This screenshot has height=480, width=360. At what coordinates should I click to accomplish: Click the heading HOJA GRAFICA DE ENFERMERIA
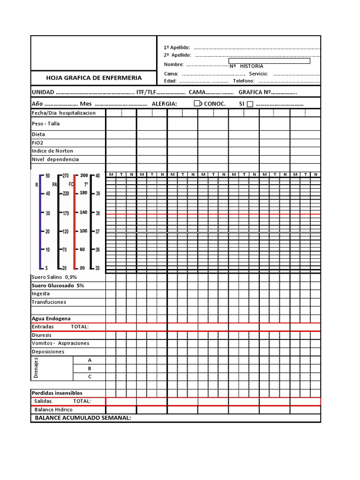click(x=94, y=78)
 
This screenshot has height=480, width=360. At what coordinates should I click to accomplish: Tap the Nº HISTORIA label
click(x=247, y=66)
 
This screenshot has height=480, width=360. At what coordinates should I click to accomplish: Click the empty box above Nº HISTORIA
click(x=269, y=60)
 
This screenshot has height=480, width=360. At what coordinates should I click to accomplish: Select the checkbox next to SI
click(x=250, y=104)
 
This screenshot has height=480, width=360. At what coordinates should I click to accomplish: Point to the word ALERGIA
click(x=161, y=104)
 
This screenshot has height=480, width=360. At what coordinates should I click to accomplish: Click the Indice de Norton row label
click(x=52, y=151)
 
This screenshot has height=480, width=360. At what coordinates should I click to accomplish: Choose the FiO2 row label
click(x=38, y=142)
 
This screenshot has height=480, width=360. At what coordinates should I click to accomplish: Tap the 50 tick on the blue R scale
click(x=46, y=175)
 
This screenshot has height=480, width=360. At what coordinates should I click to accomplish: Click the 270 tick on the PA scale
click(x=65, y=175)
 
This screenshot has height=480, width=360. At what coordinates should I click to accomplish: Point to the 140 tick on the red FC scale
click(x=82, y=212)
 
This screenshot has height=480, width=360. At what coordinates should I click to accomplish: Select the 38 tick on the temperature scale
click(x=97, y=213)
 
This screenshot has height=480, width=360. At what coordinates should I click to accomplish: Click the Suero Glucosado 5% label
click(x=58, y=285)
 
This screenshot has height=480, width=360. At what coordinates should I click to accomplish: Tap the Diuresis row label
click(x=42, y=335)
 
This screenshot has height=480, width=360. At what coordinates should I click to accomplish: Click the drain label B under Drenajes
click(x=90, y=368)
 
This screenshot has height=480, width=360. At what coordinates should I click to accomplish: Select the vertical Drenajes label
click(x=37, y=368)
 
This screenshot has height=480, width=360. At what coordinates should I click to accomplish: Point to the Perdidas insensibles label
click(x=57, y=393)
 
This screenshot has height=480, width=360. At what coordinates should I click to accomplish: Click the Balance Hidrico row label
click(x=53, y=409)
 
